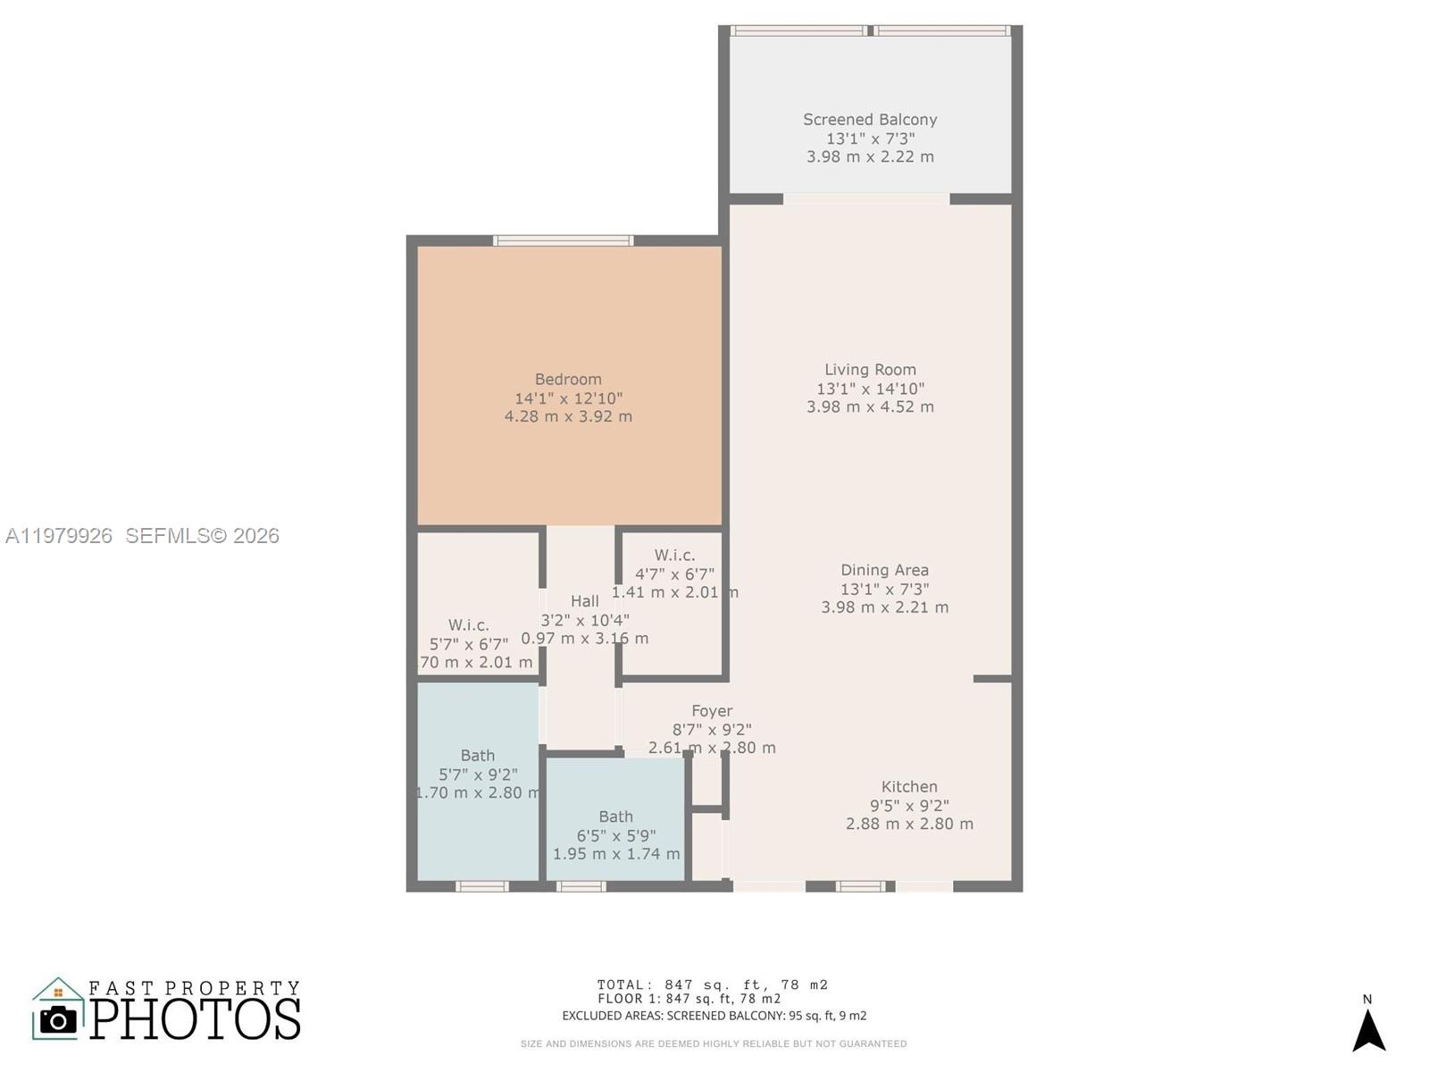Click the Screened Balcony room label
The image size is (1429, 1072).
(869, 120)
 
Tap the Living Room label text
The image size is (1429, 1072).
(870, 370)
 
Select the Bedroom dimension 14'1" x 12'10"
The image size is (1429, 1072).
(568, 398)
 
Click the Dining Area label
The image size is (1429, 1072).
(884, 570)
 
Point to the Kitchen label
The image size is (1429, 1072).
(909, 787)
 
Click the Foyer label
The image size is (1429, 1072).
(712, 711)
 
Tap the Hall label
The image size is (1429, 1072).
(585, 601)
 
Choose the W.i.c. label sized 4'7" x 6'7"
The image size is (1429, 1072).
(674, 556)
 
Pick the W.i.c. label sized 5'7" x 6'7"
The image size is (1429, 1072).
(468, 625)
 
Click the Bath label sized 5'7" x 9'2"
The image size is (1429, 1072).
(478, 756)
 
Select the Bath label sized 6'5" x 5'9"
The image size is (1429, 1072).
(615, 817)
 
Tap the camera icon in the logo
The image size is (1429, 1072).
(59, 1020)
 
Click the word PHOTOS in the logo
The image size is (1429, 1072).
(196, 1019)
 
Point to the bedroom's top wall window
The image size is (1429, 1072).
(564, 240)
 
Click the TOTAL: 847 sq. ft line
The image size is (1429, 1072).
(713, 984)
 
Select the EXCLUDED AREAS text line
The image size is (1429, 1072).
(714, 1016)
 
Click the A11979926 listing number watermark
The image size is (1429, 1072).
(59, 536)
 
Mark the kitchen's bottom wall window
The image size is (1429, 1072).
(861, 886)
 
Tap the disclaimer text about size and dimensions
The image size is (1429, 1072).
(714, 1043)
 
